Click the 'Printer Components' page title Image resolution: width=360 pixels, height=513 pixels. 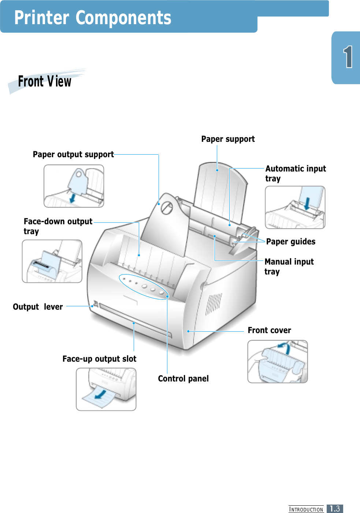(93, 18)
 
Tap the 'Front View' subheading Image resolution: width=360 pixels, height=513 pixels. (45, 81)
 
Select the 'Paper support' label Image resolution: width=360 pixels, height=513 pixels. (228, 139)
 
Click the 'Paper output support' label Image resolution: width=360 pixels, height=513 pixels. (73, 155)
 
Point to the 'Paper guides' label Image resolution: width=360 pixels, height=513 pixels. (291, 242)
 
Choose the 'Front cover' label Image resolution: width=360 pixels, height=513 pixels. (269, 331)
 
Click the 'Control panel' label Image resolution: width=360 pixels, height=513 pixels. (183, 379)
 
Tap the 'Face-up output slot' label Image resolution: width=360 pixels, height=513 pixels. (99, 359)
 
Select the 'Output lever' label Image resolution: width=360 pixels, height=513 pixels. (38, 307)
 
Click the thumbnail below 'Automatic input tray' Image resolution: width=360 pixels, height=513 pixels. (295, 207)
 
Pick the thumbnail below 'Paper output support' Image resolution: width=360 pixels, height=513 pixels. (74, 186)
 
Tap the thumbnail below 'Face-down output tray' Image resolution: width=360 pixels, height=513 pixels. (52, 261)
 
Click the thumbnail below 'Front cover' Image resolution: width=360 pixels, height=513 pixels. (278, 362)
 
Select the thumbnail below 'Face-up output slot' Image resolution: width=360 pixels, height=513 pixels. (106, 390)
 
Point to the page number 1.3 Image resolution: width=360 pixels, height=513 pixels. (335, 509)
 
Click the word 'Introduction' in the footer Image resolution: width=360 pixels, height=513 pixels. (306, 509)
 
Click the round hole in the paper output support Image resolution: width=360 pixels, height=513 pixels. (167, 208)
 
